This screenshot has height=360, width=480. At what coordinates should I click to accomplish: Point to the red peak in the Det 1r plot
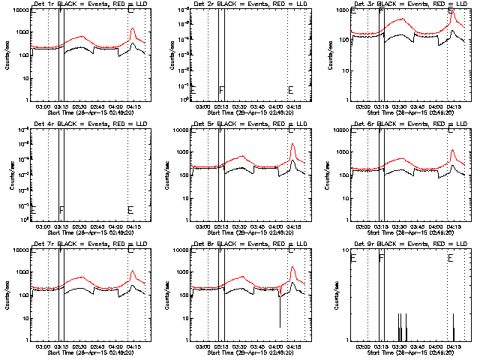(x=132, y=29)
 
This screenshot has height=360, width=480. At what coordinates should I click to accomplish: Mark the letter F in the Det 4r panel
(x=61, y=209)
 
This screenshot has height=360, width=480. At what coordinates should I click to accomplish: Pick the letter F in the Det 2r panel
(x=221, y=90)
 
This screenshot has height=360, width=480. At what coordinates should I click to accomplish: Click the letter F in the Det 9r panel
(x=382, y=258)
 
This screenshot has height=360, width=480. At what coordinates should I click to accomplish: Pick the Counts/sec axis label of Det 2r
(x=166, y=53)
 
